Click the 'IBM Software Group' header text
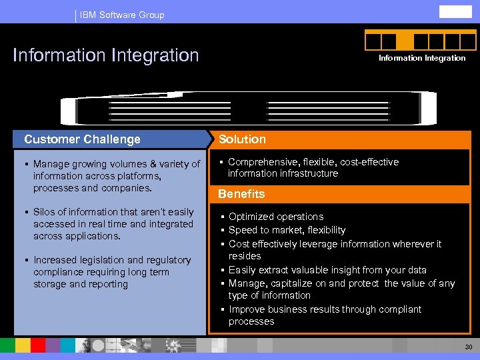pyautogui.click(x=122, y=15)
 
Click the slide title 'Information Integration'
pyautogui.click(x=106, y=55)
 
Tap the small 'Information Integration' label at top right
pyautogui.click(x=422, y=58)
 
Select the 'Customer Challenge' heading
pyautogui.click(x=83, y=139)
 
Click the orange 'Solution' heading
pyautogui.click(x=242, y=139)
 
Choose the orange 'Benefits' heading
pyautogui.click(x=241, y=194)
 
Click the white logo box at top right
pyautogui.click(x=455, y=11)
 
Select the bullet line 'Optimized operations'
pyautogui.click(x=276, y=217)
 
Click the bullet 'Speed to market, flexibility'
pyautogui.click(x=287, y=230)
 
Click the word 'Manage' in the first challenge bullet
pyautogui.click(x=51, y=164)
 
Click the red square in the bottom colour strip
pyautogui.click(x=38, y=345)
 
